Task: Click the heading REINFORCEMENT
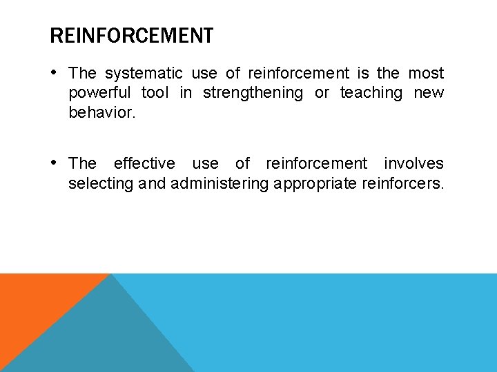pos(131,35)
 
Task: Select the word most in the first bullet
pos(426,73)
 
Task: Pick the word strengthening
pos(253,93)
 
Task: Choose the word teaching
pos(371,93)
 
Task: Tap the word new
pos(429,93)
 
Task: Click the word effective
pos(144,163)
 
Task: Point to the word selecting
pos(96,183)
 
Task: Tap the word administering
pos(220,183)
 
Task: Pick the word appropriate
pos(315,183)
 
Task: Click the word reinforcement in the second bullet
pos(317,163)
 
